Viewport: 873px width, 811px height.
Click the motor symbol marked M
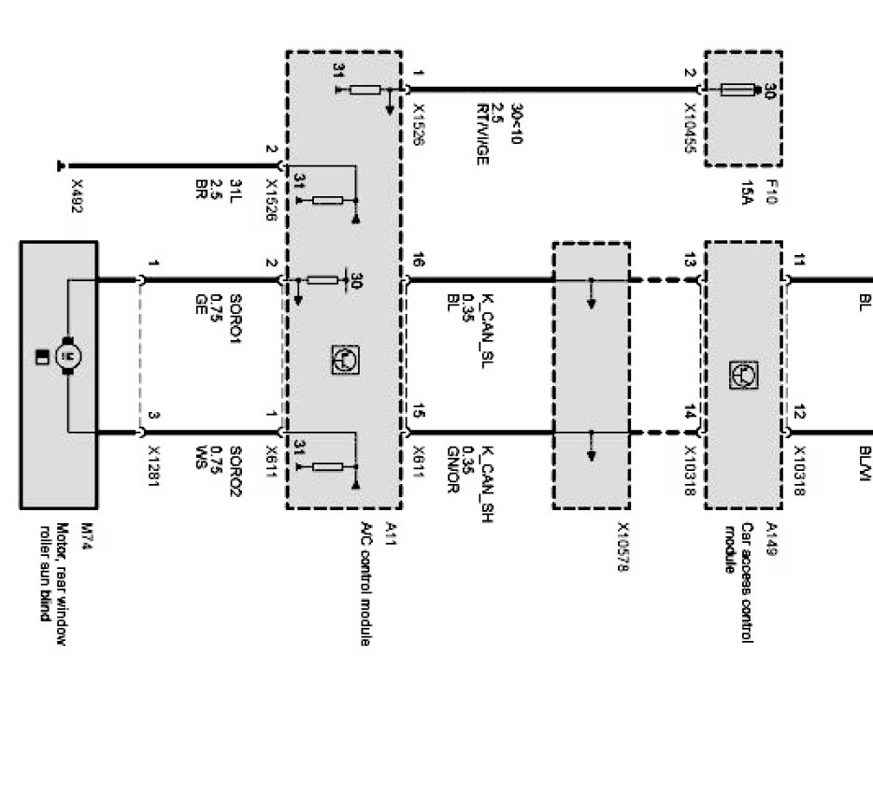(x=66, y=355)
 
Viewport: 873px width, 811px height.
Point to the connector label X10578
(x=623, y=546)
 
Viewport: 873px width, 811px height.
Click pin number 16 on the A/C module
(x=418, y=263)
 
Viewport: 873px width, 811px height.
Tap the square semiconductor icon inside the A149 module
(x=742, y=375)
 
